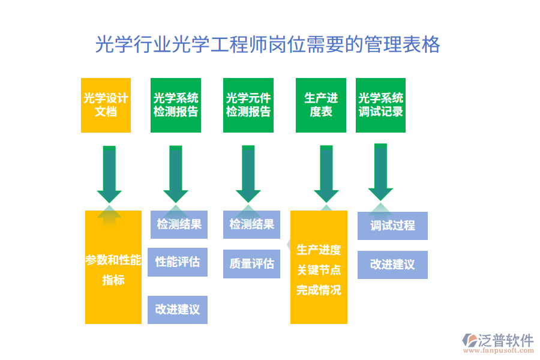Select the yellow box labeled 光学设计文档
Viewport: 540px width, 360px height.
pyautogui.click(x=106, y=105)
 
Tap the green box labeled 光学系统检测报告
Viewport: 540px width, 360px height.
pyautogui.click(x=176, y=105)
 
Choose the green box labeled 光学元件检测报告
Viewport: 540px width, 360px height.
pyautogui.click(x=248, y=105)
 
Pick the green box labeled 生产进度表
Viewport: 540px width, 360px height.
pyautogui.click(x=321, y=105)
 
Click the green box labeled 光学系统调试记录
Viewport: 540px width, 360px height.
pyautogui.click(x=380, y=105)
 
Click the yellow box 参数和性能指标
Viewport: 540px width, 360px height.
pyautogui.click(x=113, y=269)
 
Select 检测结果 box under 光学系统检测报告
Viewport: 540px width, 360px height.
pyautogui.click(x=179, y=225)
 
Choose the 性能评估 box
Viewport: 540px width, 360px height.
pyautogui.click(x=178, y=262)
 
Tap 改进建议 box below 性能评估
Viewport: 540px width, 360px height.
pyautogui.click(x=178, y=310)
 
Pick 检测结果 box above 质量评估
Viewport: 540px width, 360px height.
pyautogui.click(x=252, y=225)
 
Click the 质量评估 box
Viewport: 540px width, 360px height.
pyautogui.click(x=252, y=264)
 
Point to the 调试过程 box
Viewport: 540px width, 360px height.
pyautogui.click(x=392, y=226)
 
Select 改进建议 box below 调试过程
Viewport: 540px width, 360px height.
pyautogui.click(x=392, y=265)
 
